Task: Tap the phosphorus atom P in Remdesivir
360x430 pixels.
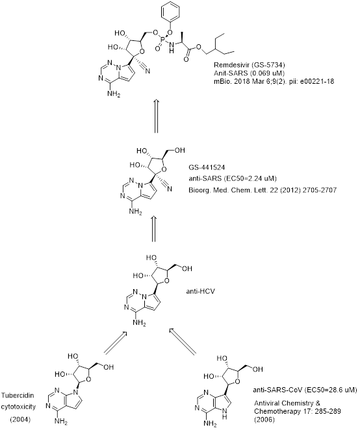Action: (x=162, y=40)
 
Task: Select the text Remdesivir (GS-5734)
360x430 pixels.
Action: (x=250, y=65)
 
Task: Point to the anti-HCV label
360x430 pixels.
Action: (x=200, y=291)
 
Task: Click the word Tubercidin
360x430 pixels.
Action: (x=18, y=395)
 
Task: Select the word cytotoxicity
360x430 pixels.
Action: (x=18, y=407)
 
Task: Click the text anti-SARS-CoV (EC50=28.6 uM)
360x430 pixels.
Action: (x=305, y=390)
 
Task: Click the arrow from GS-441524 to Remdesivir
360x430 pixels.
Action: (x=156, y=116)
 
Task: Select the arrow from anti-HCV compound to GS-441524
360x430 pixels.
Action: (x=153, y=229)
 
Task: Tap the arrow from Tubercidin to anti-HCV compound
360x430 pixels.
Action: (x=115, y=342)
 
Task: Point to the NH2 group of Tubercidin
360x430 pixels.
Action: (x=61, y=421)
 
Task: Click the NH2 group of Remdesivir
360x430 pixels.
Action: (x=114, y=94)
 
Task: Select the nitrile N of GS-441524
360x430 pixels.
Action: (x=170, y=189)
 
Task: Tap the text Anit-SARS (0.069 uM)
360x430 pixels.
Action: (x=249, y=73)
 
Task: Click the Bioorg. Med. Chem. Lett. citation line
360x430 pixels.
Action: (x=263, y=190)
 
